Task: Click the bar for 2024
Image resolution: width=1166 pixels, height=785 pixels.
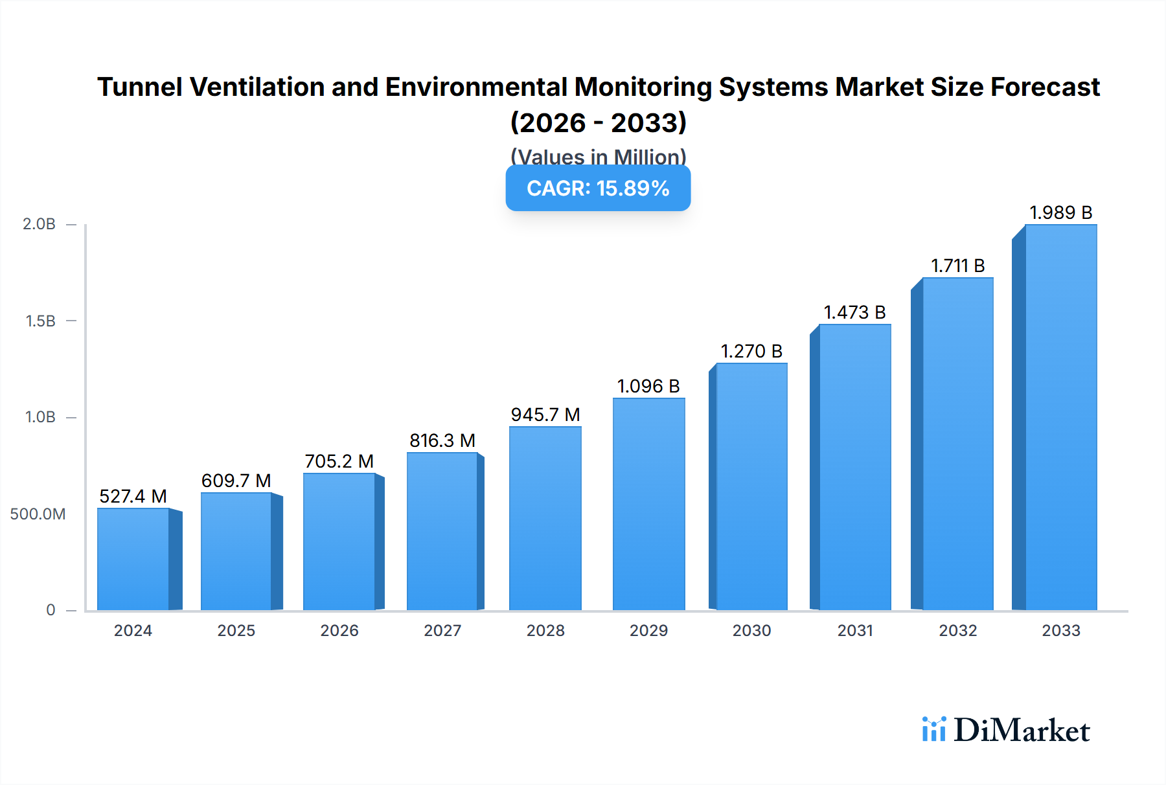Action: click(133, 559)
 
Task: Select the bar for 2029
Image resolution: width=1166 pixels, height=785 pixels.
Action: click(648, 504)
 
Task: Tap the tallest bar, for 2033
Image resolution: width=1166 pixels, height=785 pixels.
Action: click(1060, 417)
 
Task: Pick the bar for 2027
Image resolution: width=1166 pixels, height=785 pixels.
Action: click(442, 531)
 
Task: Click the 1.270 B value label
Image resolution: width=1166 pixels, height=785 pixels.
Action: click(751, 351)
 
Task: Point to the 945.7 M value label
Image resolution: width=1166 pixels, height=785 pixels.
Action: click(545, 415)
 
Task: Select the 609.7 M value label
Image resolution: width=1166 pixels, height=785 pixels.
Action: click(236, 481)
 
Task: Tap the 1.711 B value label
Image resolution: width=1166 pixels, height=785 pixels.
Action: click(957, 266)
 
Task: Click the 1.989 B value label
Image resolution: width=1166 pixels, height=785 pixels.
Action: click(1060, 212)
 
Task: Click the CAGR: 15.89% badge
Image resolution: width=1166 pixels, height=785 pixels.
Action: click(598, 188)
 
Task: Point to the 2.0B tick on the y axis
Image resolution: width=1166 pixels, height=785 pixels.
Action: click(39, 224)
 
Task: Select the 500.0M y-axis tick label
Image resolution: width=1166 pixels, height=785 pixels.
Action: click(38, 514)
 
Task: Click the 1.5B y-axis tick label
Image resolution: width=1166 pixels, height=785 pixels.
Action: click(40, 321)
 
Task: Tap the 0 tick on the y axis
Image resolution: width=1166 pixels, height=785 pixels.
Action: click(51, 610)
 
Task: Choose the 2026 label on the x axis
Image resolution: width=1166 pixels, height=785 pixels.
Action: click(339, 631)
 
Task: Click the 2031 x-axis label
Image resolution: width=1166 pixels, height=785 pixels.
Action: click(855, 631)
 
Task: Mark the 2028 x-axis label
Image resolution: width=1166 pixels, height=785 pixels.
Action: click(545, 631)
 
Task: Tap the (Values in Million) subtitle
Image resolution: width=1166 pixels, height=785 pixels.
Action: click(598, 157)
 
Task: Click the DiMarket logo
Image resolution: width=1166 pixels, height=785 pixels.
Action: click(1006, 730)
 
